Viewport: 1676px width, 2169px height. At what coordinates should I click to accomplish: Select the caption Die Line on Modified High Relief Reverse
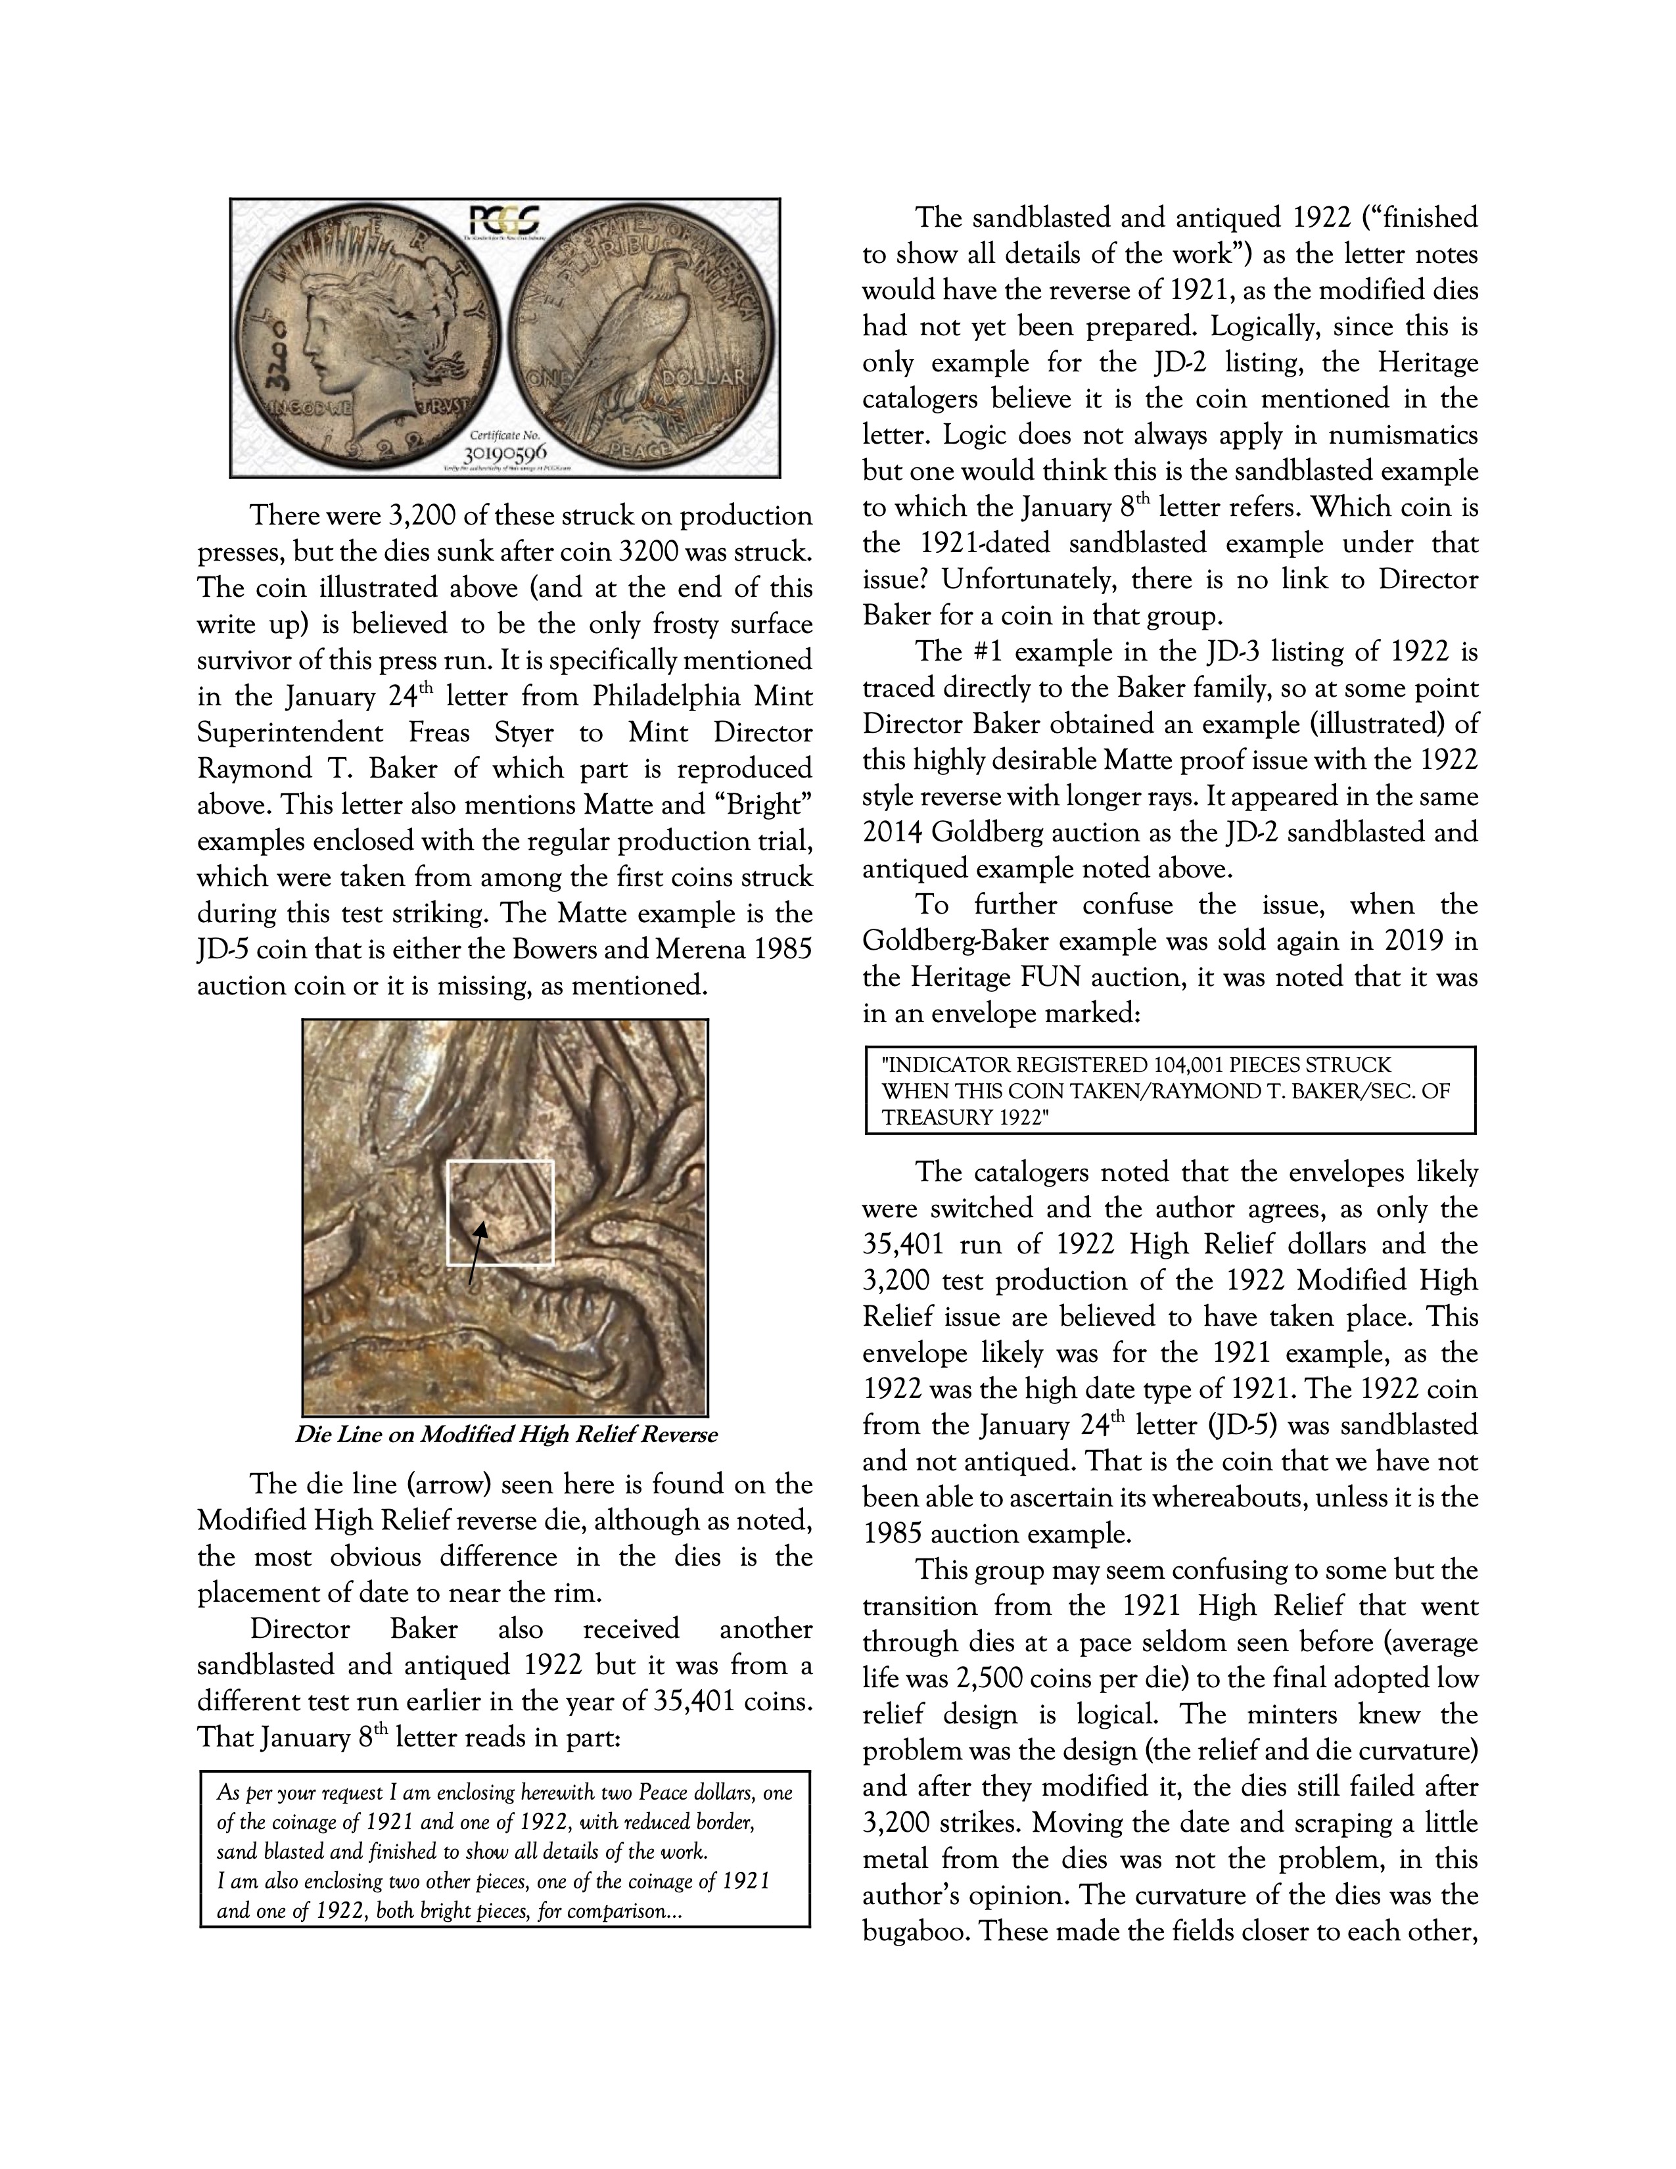(505, 1435)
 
